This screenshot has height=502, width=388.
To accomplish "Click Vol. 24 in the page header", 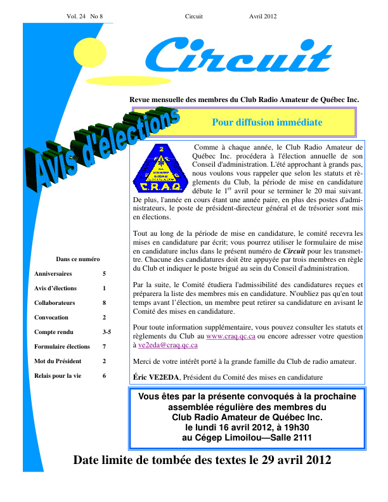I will point(77,16).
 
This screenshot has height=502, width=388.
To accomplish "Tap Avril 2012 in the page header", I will point(262,16).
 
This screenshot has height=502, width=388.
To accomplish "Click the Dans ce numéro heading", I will point(78,259).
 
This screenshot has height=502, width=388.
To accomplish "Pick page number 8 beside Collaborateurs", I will point(104,303).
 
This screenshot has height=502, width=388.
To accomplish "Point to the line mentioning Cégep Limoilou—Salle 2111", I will point(247,438).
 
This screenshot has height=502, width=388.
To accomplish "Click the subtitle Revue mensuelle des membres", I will point(244,100).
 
